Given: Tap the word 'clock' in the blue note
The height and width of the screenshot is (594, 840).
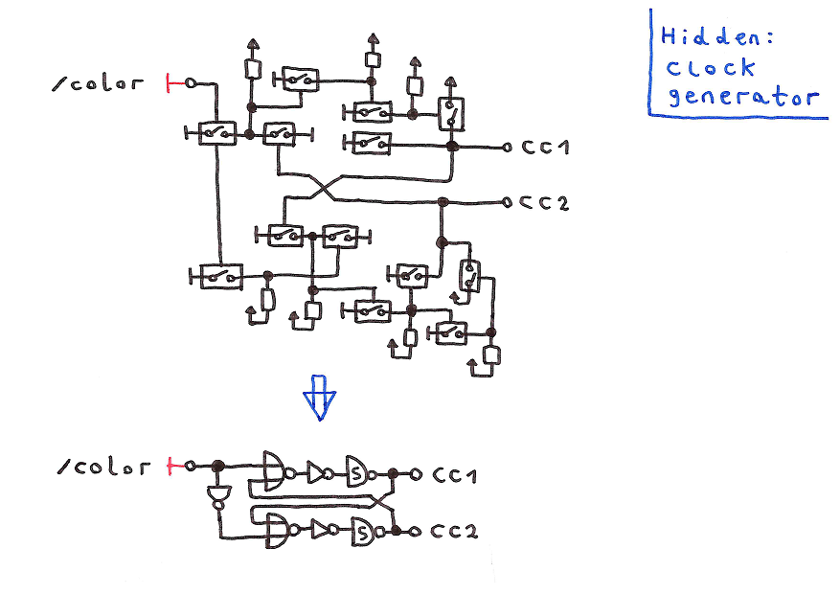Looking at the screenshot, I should coord(711,68).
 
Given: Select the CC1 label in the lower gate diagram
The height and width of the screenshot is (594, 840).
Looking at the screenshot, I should coord(455,474).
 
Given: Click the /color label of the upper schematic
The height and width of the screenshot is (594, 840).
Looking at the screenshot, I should coord(99,83).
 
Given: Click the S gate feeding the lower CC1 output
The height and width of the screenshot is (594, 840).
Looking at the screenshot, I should coord(356,472).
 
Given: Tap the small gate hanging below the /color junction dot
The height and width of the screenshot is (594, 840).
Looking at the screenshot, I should coord(218,495).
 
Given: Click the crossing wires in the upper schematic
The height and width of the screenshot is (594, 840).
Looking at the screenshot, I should coord(322,187).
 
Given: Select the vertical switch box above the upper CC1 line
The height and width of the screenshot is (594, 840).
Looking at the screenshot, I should coord(450,113).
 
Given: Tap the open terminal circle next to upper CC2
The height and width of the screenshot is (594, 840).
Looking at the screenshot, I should coord(507,202).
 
